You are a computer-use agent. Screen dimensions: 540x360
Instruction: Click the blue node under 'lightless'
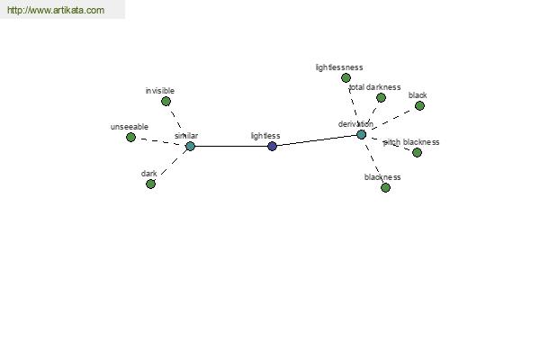coord(272,147)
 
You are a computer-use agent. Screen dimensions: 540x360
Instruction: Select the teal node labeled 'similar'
coord(191,147)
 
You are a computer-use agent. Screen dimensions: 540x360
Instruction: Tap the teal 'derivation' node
coord(361,134)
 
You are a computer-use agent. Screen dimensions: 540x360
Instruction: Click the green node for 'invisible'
coord(166,102)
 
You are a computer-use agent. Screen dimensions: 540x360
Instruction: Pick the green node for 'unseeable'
coord(130,138)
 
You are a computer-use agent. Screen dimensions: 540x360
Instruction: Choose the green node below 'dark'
coord(150,184)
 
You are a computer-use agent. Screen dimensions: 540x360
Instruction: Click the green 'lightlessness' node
coord(346,78)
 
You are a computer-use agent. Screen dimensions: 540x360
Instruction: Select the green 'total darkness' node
coord(381,98)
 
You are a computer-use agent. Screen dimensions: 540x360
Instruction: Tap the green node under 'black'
coord(419,106)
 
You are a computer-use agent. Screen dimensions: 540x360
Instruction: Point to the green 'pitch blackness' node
coord(417,152)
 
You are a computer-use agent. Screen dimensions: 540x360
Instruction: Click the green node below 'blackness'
coord(386,188)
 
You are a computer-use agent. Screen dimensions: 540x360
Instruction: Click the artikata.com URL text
coord(56,10)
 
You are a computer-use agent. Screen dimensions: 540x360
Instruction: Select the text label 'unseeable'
coord(130,127)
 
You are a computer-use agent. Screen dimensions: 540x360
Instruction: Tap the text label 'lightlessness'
coord(339,67)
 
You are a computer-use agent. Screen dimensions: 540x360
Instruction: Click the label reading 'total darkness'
coord(374,87)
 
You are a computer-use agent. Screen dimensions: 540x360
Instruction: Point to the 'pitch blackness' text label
coord(411,142)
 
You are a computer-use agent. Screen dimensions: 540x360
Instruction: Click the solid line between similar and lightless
coord(231,147)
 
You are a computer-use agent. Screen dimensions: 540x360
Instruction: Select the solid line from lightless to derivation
coord(317,140)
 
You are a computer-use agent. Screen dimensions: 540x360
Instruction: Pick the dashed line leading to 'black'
coord(391,120)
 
